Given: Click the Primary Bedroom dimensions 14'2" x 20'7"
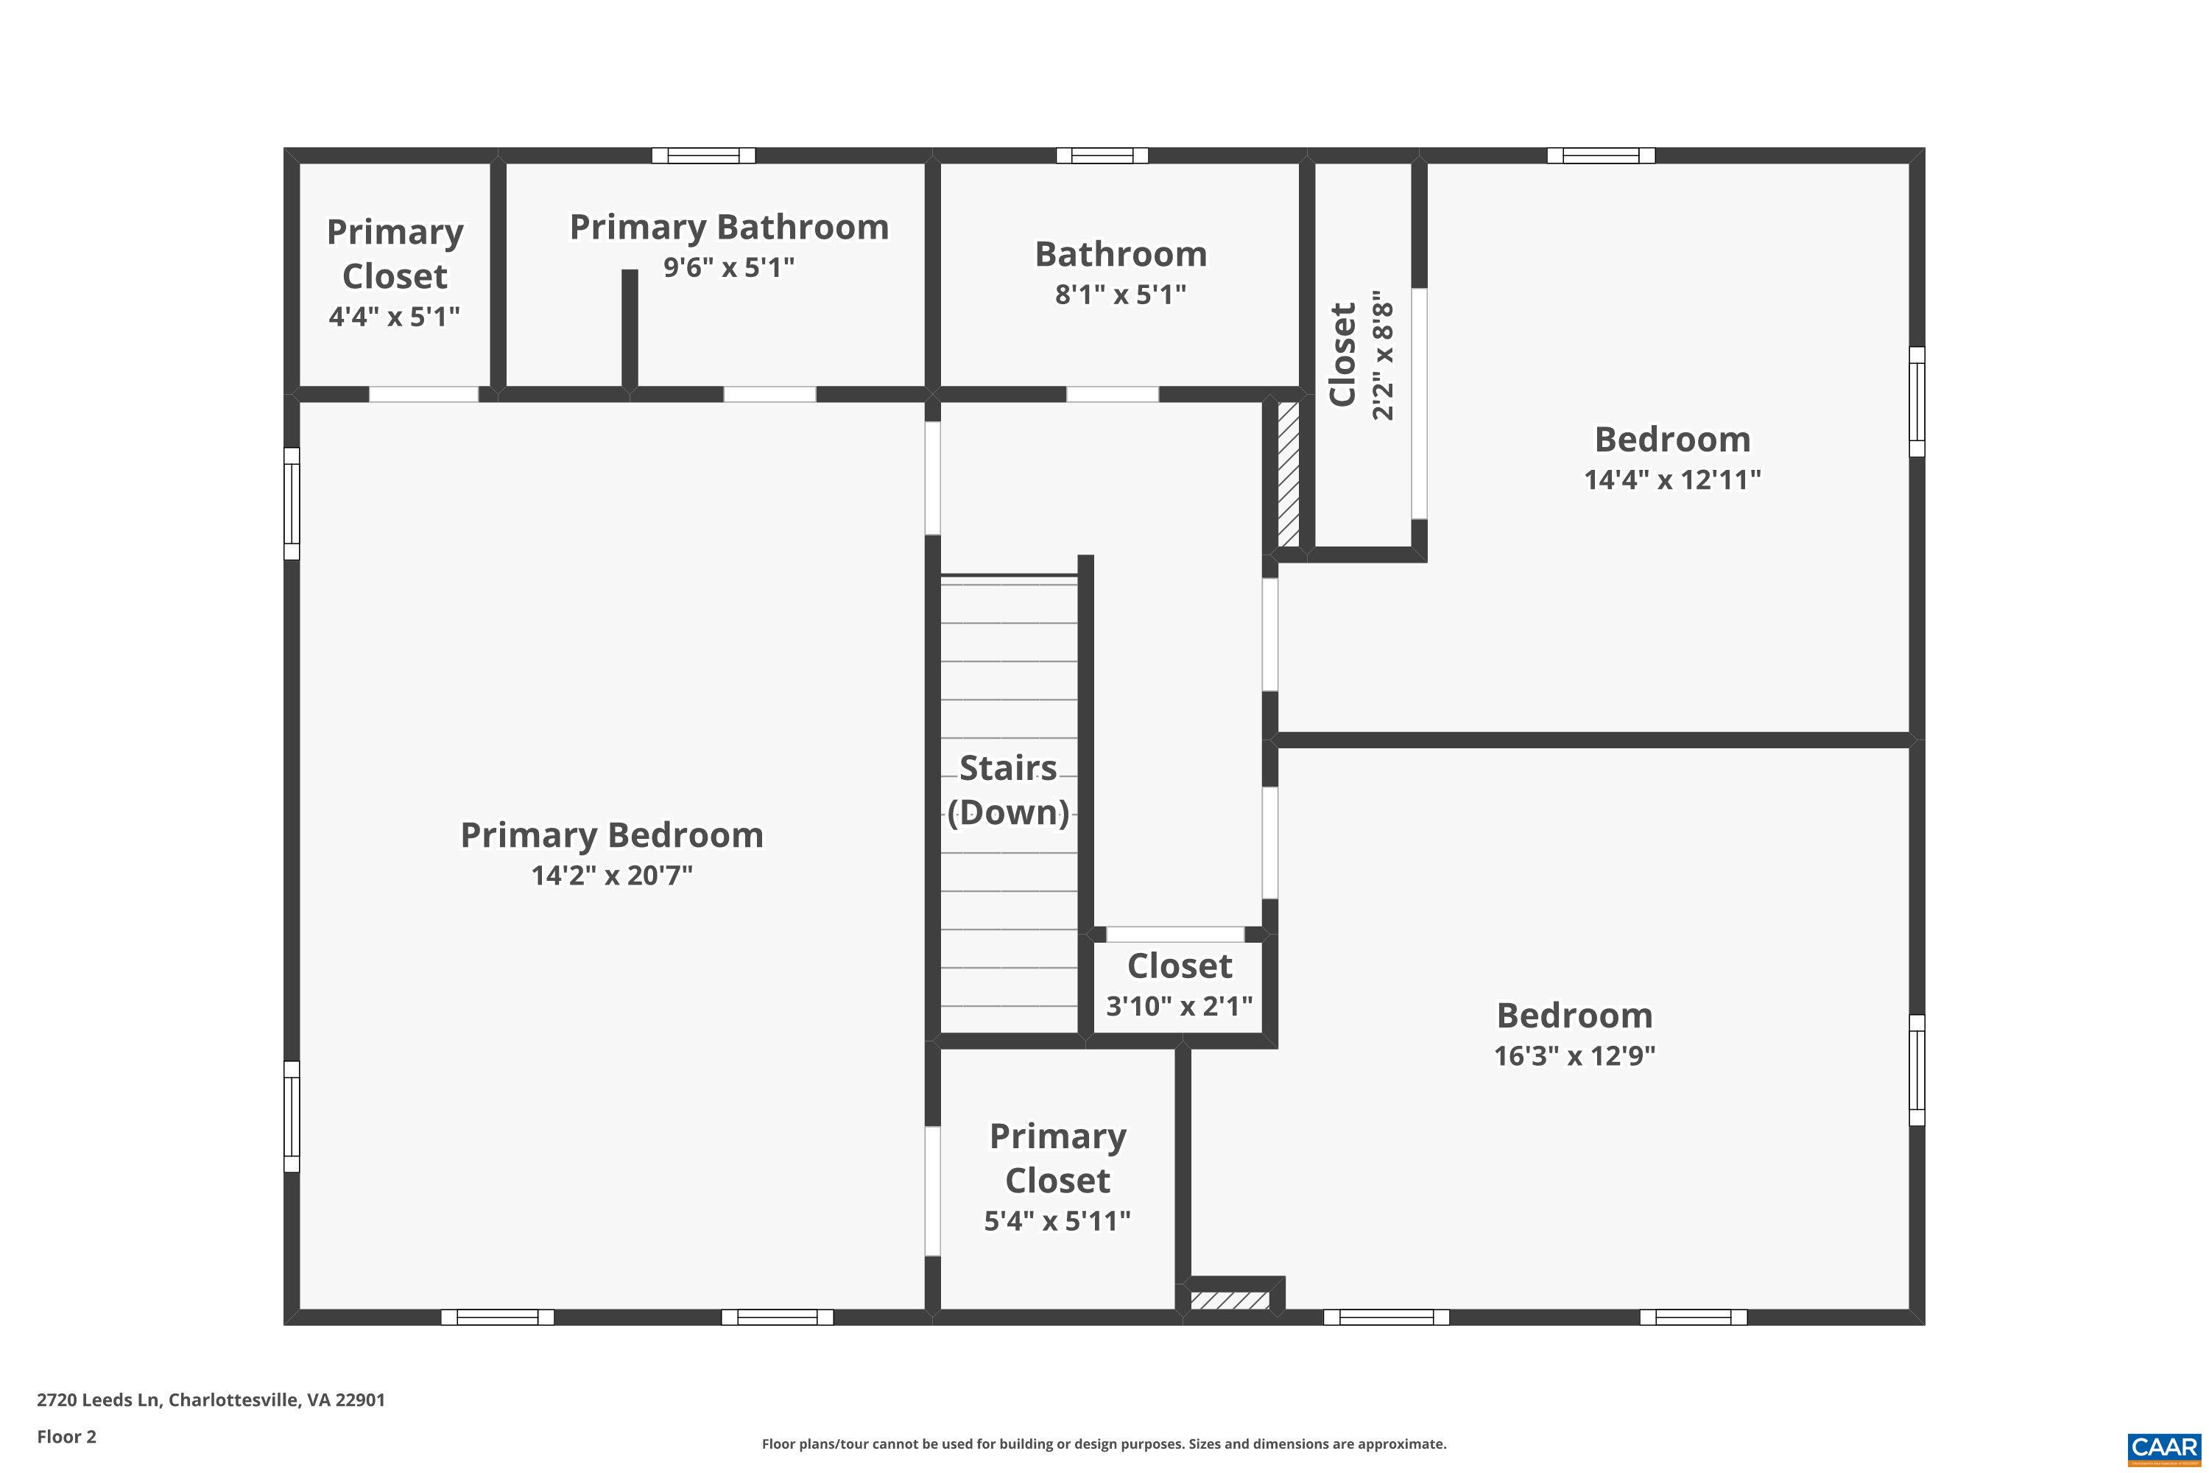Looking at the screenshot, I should point(611,876).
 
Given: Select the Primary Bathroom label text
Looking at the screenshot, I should point(729,228).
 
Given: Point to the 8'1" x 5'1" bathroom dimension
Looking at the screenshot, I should point(1121,295).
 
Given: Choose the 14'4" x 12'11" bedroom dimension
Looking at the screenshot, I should point(1671,480).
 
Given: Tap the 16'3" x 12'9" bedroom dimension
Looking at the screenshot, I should point(1574,1056).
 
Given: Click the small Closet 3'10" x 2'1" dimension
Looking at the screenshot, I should point(1179,1007).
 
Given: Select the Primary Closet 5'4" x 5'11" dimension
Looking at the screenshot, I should point(1057,1221).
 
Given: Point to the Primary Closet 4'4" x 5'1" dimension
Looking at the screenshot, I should point(395,317).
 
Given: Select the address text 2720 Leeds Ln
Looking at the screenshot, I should point(211,1400).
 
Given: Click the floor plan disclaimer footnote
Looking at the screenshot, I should point(1104,1444).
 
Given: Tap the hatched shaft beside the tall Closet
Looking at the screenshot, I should point(1288,474).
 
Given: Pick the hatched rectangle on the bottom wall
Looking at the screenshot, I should point(1230,1301).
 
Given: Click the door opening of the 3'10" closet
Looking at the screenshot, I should point(1176,935).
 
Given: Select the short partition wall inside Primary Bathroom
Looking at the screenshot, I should point(630,328).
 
